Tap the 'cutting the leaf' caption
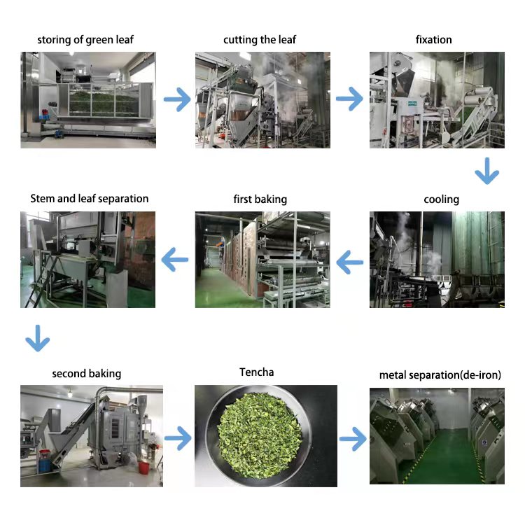click(260, 40)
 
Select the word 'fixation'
click(434, 40)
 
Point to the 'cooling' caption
click(442, 199)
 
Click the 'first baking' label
click(260, 199)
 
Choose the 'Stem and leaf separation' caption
click(90, 199)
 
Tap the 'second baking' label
click(87, 374)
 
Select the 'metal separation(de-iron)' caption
click(440, 375)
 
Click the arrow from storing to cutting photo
click(177, 100)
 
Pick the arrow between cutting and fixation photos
click(349, 100)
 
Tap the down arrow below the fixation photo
click(486, 171)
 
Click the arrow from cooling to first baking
click(349, 263)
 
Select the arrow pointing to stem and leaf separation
click(175, 260)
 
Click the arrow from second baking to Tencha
click(178, 440)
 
